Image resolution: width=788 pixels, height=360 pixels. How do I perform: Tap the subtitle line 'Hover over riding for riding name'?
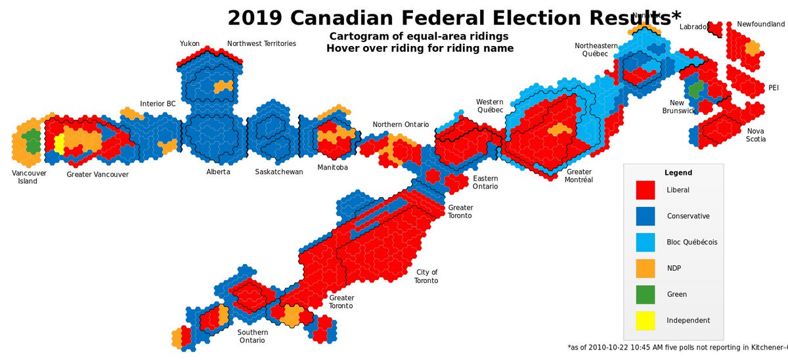420,48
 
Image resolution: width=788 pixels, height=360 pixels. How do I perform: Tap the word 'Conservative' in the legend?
688,216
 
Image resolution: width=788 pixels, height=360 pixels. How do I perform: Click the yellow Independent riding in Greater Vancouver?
59,144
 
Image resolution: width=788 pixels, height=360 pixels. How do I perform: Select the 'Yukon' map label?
190,43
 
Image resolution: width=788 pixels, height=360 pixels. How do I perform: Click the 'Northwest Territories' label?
261,43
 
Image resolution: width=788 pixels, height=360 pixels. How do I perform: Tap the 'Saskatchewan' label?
279,172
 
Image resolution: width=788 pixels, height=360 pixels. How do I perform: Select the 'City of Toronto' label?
426,277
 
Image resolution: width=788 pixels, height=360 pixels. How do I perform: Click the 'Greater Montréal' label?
579,175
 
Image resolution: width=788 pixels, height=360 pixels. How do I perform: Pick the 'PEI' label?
774,88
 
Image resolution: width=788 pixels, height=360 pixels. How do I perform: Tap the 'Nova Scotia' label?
755,135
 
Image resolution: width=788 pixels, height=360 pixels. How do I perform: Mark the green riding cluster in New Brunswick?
694,87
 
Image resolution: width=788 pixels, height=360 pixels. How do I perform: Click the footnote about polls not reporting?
676,346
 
